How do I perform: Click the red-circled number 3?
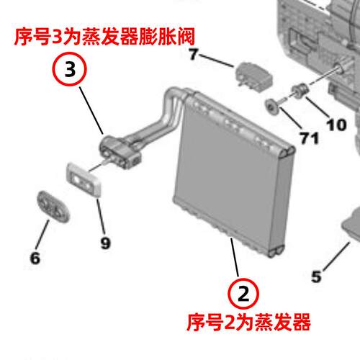(70, 69)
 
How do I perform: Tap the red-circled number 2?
(243, 294)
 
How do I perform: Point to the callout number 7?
(193, 54)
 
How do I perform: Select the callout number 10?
(336, 125)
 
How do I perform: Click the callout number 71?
(310, 138)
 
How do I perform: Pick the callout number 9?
(105, 243)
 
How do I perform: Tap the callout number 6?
(35, 258)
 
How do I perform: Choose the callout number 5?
(316, 276)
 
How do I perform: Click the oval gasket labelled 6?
(53, 207)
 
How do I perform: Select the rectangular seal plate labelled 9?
(84, 179)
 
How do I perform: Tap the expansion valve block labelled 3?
(120, 153)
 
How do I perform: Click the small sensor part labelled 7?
(253, 76)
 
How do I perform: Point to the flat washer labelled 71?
(272, 107)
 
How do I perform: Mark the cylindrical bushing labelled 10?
(300, 91)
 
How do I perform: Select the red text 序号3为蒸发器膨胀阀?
(104, 37)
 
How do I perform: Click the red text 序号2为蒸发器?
(248, 323)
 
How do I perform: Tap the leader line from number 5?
(336, 257)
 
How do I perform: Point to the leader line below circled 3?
(91, 110)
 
